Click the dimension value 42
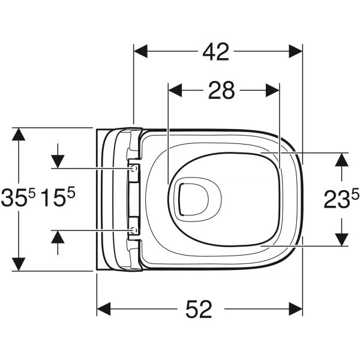215,52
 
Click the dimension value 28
221,91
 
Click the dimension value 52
199,309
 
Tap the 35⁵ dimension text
19,197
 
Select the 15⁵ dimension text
58,197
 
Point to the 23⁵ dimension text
341,199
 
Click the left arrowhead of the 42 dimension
140,51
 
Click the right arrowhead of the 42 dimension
295,51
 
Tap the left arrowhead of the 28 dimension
175,90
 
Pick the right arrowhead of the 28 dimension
272,90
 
